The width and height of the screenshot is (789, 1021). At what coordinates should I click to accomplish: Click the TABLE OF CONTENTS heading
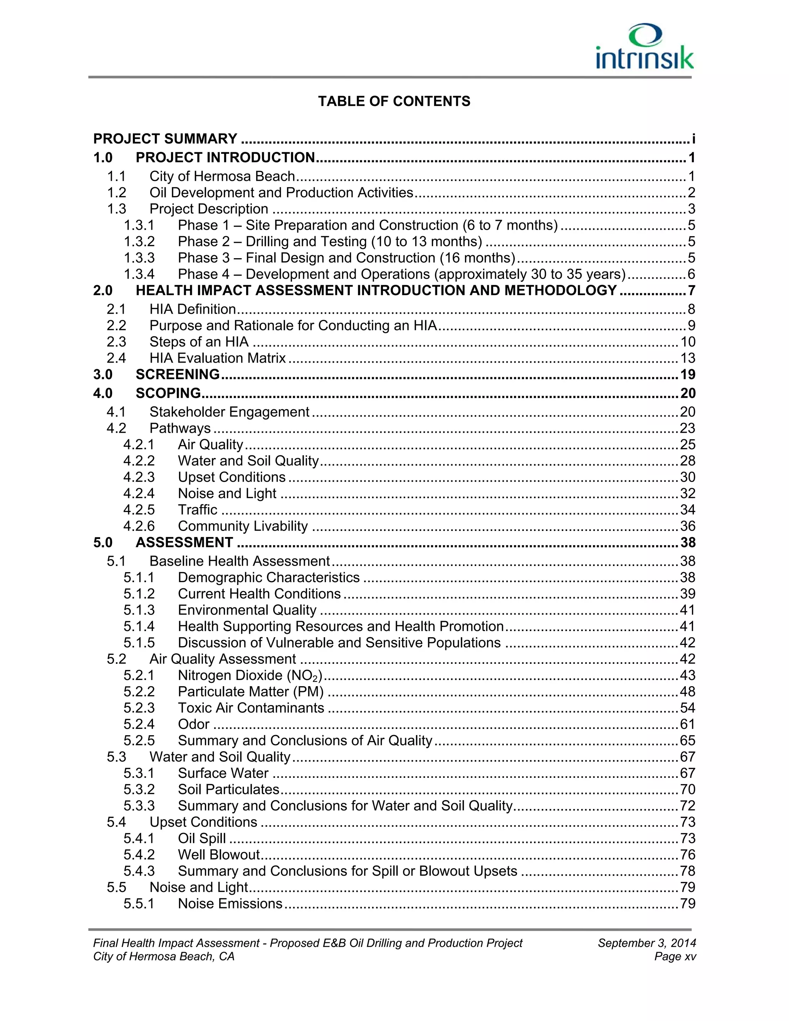394,101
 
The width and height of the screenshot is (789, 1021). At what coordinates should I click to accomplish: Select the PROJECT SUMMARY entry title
165,139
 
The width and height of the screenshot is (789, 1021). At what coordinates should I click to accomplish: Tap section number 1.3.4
139,274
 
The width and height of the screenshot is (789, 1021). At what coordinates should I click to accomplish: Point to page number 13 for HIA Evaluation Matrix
688,358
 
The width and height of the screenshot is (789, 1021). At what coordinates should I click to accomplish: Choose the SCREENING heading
178,374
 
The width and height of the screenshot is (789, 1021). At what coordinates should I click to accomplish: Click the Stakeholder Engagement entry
229,412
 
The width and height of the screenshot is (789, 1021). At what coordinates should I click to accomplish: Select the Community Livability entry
243,526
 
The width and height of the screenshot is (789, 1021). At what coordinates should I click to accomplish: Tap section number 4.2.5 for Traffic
139,510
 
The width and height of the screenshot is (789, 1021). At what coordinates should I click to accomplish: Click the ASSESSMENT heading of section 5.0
184,542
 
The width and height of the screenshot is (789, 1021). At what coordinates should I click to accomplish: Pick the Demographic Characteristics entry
269,578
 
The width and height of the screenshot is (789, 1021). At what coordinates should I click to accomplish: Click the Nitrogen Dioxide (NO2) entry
250,675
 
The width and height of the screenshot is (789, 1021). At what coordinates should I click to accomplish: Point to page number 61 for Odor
688,725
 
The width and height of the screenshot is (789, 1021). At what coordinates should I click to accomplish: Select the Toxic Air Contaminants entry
251,708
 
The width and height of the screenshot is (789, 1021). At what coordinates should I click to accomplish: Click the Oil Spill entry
202,839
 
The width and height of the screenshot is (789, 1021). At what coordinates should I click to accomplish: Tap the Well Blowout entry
219,855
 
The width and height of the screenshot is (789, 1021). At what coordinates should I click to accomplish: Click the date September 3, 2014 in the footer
646,944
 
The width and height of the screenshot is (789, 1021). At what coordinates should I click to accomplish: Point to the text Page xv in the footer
675,957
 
